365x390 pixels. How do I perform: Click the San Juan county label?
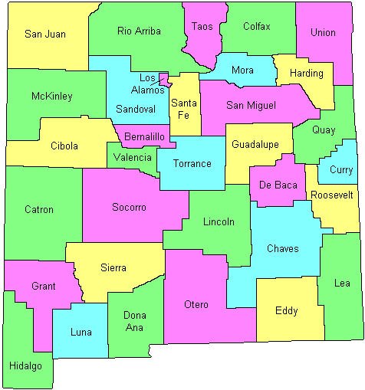click(x=45, y=34)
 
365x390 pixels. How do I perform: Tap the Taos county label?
click(x=202, y=26)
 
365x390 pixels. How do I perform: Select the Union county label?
click(x=323, y=32)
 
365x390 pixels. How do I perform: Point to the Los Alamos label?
click(x=149, y=84)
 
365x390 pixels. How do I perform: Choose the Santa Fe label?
click(x=183, y=109)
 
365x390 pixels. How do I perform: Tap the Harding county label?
click(x=306, y=74)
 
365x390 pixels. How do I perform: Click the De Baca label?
click(x=276, y=185)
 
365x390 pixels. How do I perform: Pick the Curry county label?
click(x=340, y=170)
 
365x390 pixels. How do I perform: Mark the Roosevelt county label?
click(x=332, y=195)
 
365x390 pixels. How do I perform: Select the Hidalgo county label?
click(x=25, y=365)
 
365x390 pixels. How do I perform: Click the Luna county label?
click(x=81, y=332)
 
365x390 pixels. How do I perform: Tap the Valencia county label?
click(x=133, y=157)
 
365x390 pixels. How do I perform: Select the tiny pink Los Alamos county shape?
click(x=163, y=79)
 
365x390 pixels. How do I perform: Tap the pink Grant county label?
click(x=44, y=287)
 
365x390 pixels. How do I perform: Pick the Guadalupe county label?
click(x=258, y=143)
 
